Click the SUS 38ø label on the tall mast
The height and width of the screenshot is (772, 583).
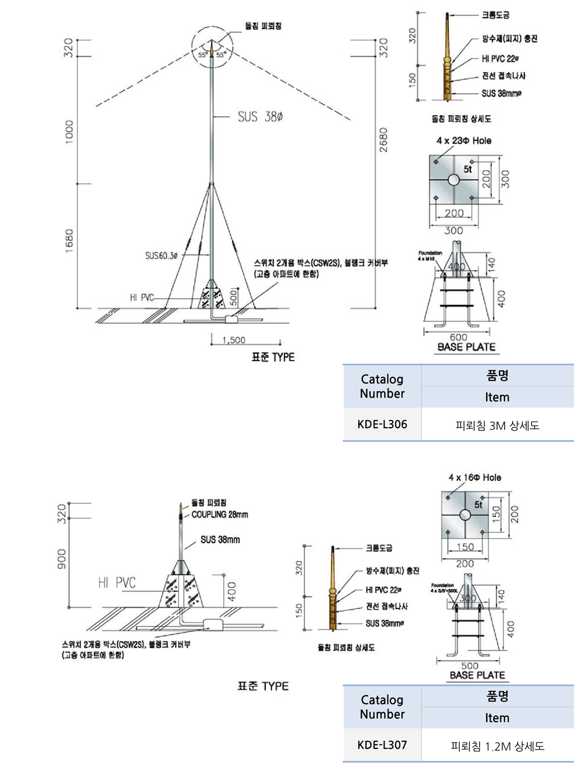click(260, 117)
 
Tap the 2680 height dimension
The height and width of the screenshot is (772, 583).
click(383, 140)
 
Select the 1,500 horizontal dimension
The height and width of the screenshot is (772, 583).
click(234, 340)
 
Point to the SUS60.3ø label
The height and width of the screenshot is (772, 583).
click(161, 256)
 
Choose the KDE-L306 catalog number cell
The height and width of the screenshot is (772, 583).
click(382, 424)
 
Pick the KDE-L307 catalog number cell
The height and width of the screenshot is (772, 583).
click(382, 745)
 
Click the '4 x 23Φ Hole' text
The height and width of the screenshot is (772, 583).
click(463, 140)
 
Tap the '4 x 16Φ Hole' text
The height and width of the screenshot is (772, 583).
click(474, 477)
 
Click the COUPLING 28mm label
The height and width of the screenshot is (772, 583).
click(220, 514)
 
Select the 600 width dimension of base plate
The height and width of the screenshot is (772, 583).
click(458, 337)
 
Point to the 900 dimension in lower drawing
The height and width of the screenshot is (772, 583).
click(61, 559)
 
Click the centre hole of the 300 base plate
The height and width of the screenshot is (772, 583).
click(453, 180)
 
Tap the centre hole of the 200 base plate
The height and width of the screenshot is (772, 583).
click(465, 515)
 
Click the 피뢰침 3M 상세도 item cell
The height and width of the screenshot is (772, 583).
click(497, 425)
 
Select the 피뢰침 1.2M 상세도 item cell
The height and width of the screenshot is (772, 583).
click(497, 746)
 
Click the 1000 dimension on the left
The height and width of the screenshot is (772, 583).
click(69, 132)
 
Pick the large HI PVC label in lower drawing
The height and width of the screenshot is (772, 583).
click(117, 583)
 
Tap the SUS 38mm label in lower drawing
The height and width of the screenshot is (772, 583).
click(220, 539)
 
